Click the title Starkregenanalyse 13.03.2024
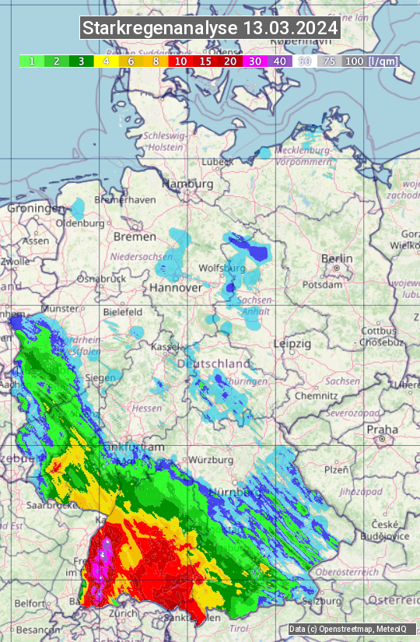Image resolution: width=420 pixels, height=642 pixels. tap(210, 29)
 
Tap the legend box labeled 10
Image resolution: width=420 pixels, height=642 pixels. tap(180, 61)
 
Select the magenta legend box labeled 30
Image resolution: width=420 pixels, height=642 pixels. tap(254, 61)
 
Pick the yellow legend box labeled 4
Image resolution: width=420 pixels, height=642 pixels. tap(106, 61)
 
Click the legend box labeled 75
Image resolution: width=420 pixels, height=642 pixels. tap(329, 61)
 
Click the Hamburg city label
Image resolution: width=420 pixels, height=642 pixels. tap(187, 184)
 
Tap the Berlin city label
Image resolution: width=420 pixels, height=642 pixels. tap(337, 259)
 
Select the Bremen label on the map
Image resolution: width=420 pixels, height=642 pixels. tap(135, 236)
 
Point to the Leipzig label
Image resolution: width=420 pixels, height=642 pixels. tap(292, 343)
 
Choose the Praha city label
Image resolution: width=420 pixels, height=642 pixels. tap(382, 429)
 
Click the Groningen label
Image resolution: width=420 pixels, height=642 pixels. tap(36, 209)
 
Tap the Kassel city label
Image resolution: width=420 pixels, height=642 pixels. tap(165, 346)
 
